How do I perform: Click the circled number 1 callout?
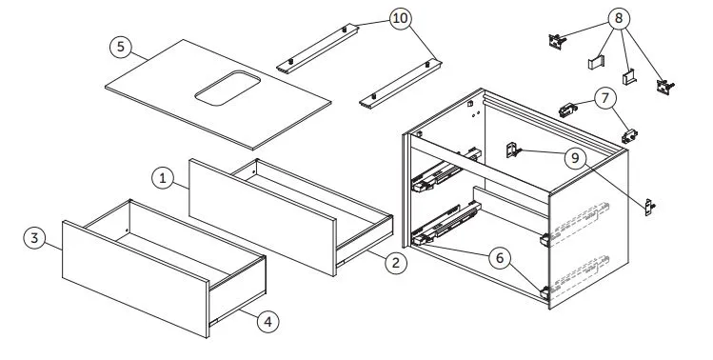(163, 178)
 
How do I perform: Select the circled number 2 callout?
(396, 263)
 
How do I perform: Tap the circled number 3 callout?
(35, 238)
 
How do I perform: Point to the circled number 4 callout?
(267, 322)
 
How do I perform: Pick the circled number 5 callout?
(121, 47)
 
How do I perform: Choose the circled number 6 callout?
(500, 258)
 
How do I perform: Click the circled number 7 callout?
(604, 98)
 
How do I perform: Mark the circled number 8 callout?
(619, 19)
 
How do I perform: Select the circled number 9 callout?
(576, 158)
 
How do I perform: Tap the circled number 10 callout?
(400, 19)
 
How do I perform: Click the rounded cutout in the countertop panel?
(228, 88)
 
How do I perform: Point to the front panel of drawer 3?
(135, 278)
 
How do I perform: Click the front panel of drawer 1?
(263, 217)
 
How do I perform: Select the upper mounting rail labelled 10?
(317, 48)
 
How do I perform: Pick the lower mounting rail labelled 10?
(400, 84)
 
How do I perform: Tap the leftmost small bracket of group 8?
(557, 40)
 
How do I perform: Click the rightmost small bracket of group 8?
(664, 86)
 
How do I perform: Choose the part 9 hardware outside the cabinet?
(649, 207)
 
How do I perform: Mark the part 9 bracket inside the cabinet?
(512, 150)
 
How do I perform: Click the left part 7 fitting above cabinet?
(568, 110)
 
